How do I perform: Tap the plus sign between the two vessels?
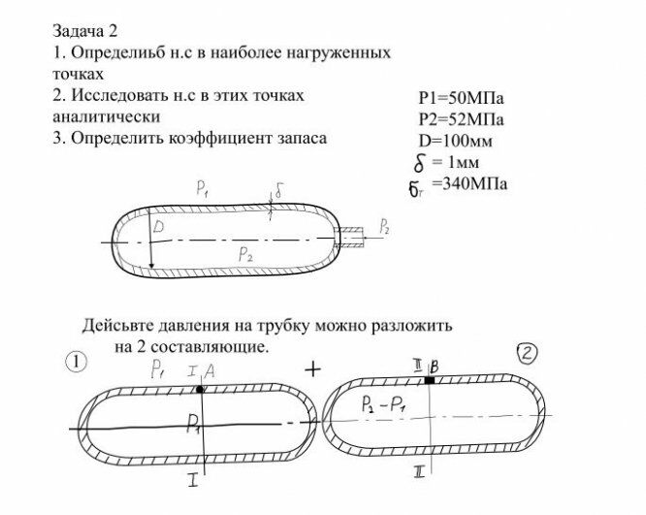(x=312, y=370)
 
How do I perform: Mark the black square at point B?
(x=429, y=381)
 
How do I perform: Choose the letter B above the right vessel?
(x=435, y=365)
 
